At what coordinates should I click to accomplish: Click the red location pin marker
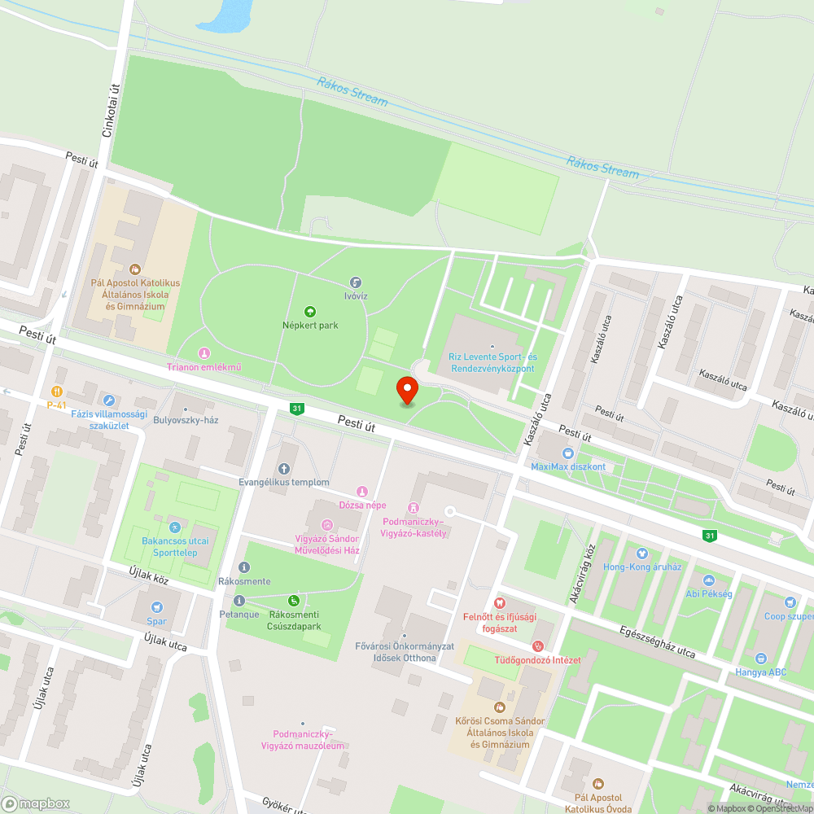[x=406, y=389]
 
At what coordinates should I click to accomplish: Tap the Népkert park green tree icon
[x=309, y=312]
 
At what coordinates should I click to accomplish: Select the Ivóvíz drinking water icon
[x=355, y=282]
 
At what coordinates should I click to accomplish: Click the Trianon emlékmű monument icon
[x=203, y=353]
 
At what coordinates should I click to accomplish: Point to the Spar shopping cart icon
[x=156, y=607]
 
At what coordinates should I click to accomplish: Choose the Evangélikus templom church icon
[x=284, y=468]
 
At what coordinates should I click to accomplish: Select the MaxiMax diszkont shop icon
[x=567, y=453]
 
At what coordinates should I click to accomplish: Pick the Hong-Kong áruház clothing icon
[x=642, y=553]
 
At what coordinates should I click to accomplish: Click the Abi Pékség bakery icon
[x=707, y=580]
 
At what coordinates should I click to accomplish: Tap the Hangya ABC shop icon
[x=760, y=658]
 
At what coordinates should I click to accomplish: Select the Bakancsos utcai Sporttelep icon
[x=174, y=527]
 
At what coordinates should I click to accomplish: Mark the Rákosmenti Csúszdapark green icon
[x=294, y=601]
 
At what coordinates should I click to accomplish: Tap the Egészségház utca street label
[x=657, y=641]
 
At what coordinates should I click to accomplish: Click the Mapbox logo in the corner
[x=36, y=803]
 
